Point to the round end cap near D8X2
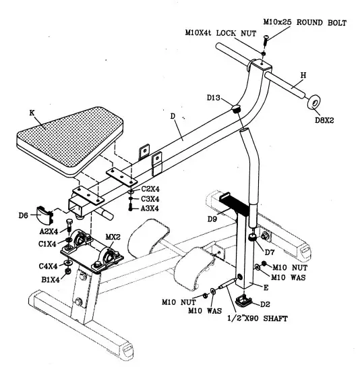coord(313,103)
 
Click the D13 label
coord(215,98)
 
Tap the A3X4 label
coord(150,208)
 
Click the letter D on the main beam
coord(173,117)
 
